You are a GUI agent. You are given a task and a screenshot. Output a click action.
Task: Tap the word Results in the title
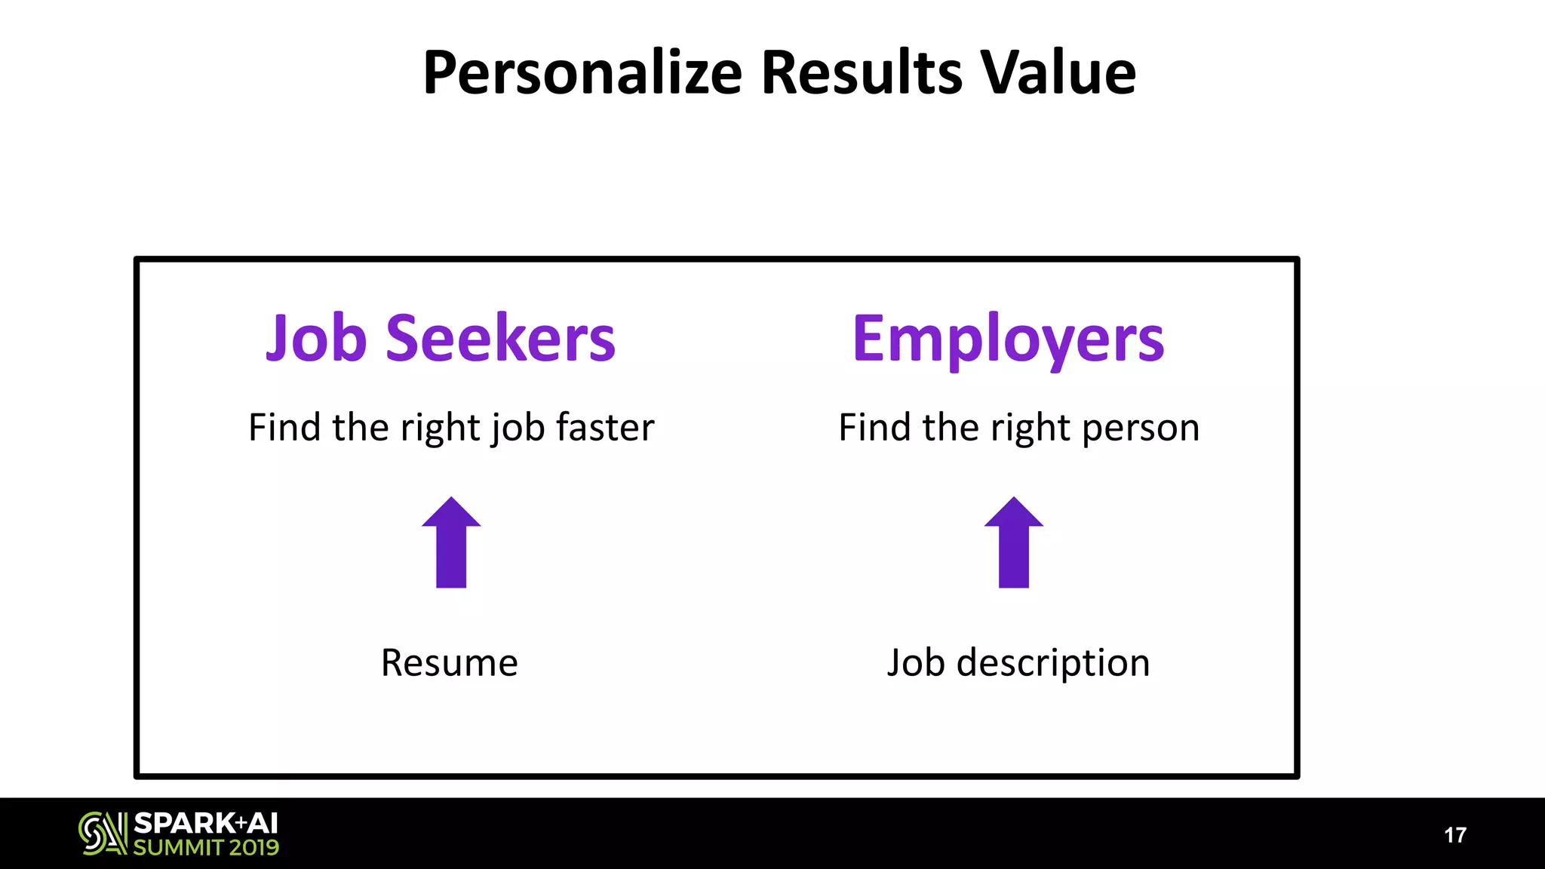click(x=862, y=73)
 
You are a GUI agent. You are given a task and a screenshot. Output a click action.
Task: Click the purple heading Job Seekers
click(x=441, y=339)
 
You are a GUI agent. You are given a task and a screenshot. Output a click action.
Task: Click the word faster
click(x=605, y=427)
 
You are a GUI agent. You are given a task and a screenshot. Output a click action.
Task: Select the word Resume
click(x=450, y=663)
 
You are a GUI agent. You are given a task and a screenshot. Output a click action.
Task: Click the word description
click(x=1053, y=664)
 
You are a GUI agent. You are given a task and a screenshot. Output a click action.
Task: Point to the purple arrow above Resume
click(x=451, y=542)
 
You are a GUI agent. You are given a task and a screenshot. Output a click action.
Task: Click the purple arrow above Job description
click(x=1014, y=542)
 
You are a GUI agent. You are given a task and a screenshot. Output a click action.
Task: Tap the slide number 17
click(x=1455, y=835)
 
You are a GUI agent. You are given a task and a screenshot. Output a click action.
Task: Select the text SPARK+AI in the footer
click(x=206, y=822)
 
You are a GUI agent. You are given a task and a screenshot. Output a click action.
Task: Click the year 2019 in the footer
click(x=254, y=848)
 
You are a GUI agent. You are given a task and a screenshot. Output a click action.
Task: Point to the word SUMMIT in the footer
click(x=178, y=848)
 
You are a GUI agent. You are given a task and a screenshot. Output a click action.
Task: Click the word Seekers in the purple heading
click(x=500, y=339)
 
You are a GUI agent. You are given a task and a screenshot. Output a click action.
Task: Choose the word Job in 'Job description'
click(x=916, y=663)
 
